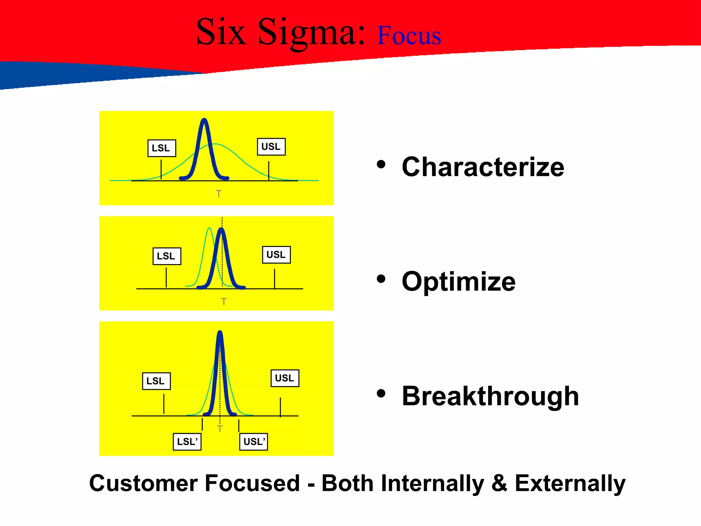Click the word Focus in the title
[409, 36]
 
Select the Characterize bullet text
[483, 167]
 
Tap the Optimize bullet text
[458, 281]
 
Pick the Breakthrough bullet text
[490, 396]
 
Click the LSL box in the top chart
[162, 148]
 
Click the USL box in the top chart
[271, 147]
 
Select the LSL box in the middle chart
[167, 256]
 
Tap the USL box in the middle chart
[276, 255]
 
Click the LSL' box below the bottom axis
[187, 441]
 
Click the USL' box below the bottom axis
[253, 441]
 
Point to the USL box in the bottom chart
[285, 378]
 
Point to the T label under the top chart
[219, 194]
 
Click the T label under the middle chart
[224, 302]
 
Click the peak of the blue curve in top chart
[204, 120]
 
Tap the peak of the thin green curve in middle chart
[209, 228]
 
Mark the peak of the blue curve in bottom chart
[220, 333]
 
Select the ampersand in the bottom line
[499, 483]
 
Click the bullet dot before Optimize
[381, 279]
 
